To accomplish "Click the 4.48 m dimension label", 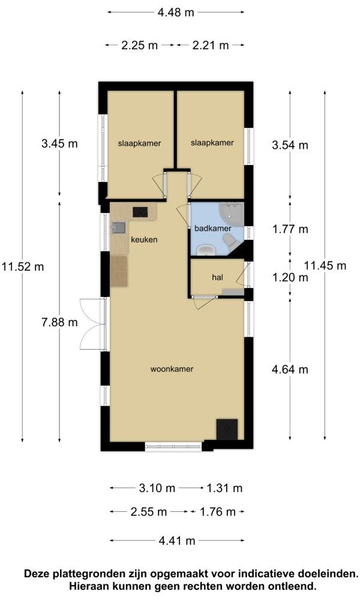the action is [176, 13].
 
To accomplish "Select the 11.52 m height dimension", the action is [22, 266].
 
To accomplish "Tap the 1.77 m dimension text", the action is [290, 229].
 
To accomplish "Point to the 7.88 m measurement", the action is [59, 322].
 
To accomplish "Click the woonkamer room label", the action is [172, 369].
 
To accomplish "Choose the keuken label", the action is [144, 239].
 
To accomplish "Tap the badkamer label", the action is [213, 229].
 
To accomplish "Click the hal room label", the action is [217, 277].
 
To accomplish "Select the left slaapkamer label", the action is [139, 143].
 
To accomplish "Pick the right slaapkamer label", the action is [212, 143].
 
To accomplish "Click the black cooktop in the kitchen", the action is [140, 212].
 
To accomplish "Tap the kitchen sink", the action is [118, 228].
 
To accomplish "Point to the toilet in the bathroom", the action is [230, 241].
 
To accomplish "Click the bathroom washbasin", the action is [206, 250].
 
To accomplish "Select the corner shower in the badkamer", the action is [232, 214].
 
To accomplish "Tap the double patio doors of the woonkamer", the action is [92, 324].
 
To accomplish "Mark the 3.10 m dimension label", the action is [157, 488].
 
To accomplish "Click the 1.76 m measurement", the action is [218, 512].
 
